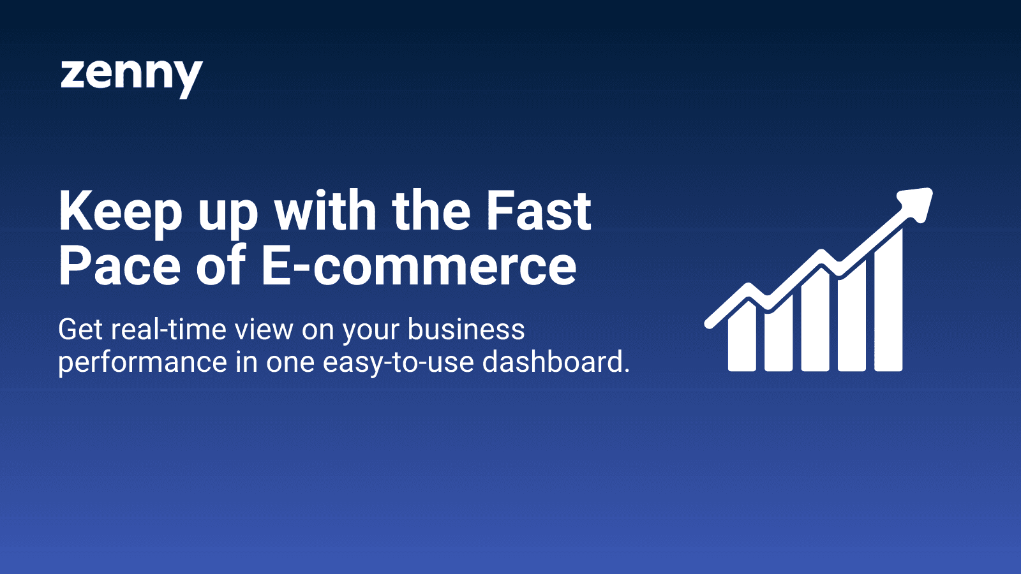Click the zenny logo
coord(131,76)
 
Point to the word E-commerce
coord(419,266)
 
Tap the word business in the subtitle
coord(466,330)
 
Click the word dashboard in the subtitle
coord(552,362)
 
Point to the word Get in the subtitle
coord(80,330)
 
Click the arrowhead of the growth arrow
coord(916,203)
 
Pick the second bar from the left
coord(779,335)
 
